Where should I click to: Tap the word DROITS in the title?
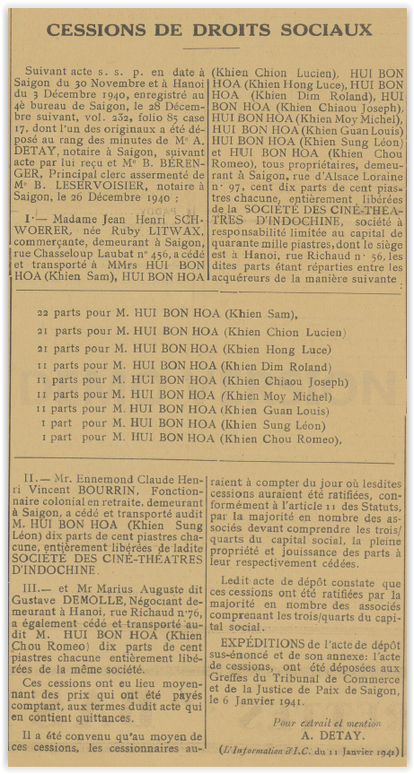(x=235, y=30)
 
